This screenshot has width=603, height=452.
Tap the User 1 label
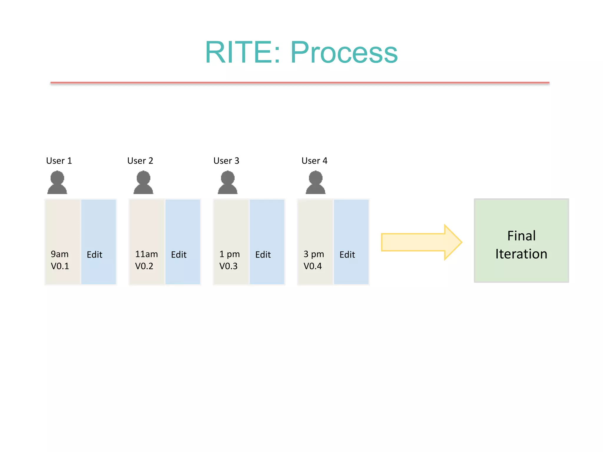pos(59,161)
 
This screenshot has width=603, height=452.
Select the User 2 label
pos(140,161)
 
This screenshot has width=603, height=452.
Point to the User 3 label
pos(226,161)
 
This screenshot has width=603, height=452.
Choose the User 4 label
pos(314,161)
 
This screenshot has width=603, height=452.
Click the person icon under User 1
pos(57,183)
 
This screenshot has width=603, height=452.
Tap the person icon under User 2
pos(143,183)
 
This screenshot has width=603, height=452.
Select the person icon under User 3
pos(228,183)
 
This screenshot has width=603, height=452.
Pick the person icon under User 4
pos(315,183)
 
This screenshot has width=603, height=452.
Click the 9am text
pos(59,254)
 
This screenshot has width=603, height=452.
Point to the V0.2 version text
pos(144,266)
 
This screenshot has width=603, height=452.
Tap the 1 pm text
pos(229,254)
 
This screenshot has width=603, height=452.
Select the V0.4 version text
pos(312,266)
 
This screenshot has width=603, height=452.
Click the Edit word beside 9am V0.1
pos(95,255)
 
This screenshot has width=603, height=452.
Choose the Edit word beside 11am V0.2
pos(179,255)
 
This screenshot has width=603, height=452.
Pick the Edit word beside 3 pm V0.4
pos(347,255)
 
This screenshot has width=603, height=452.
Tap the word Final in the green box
pos(521,236)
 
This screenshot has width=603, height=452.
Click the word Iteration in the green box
pos(521,254)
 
